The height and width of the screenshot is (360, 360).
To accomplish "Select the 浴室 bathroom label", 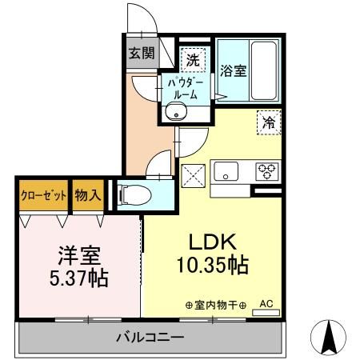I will point(234,70).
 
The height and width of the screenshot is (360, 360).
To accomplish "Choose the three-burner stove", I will point(266,170).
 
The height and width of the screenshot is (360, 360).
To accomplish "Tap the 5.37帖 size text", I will point(77,279).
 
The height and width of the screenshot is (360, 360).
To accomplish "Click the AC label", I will point(266,304).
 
